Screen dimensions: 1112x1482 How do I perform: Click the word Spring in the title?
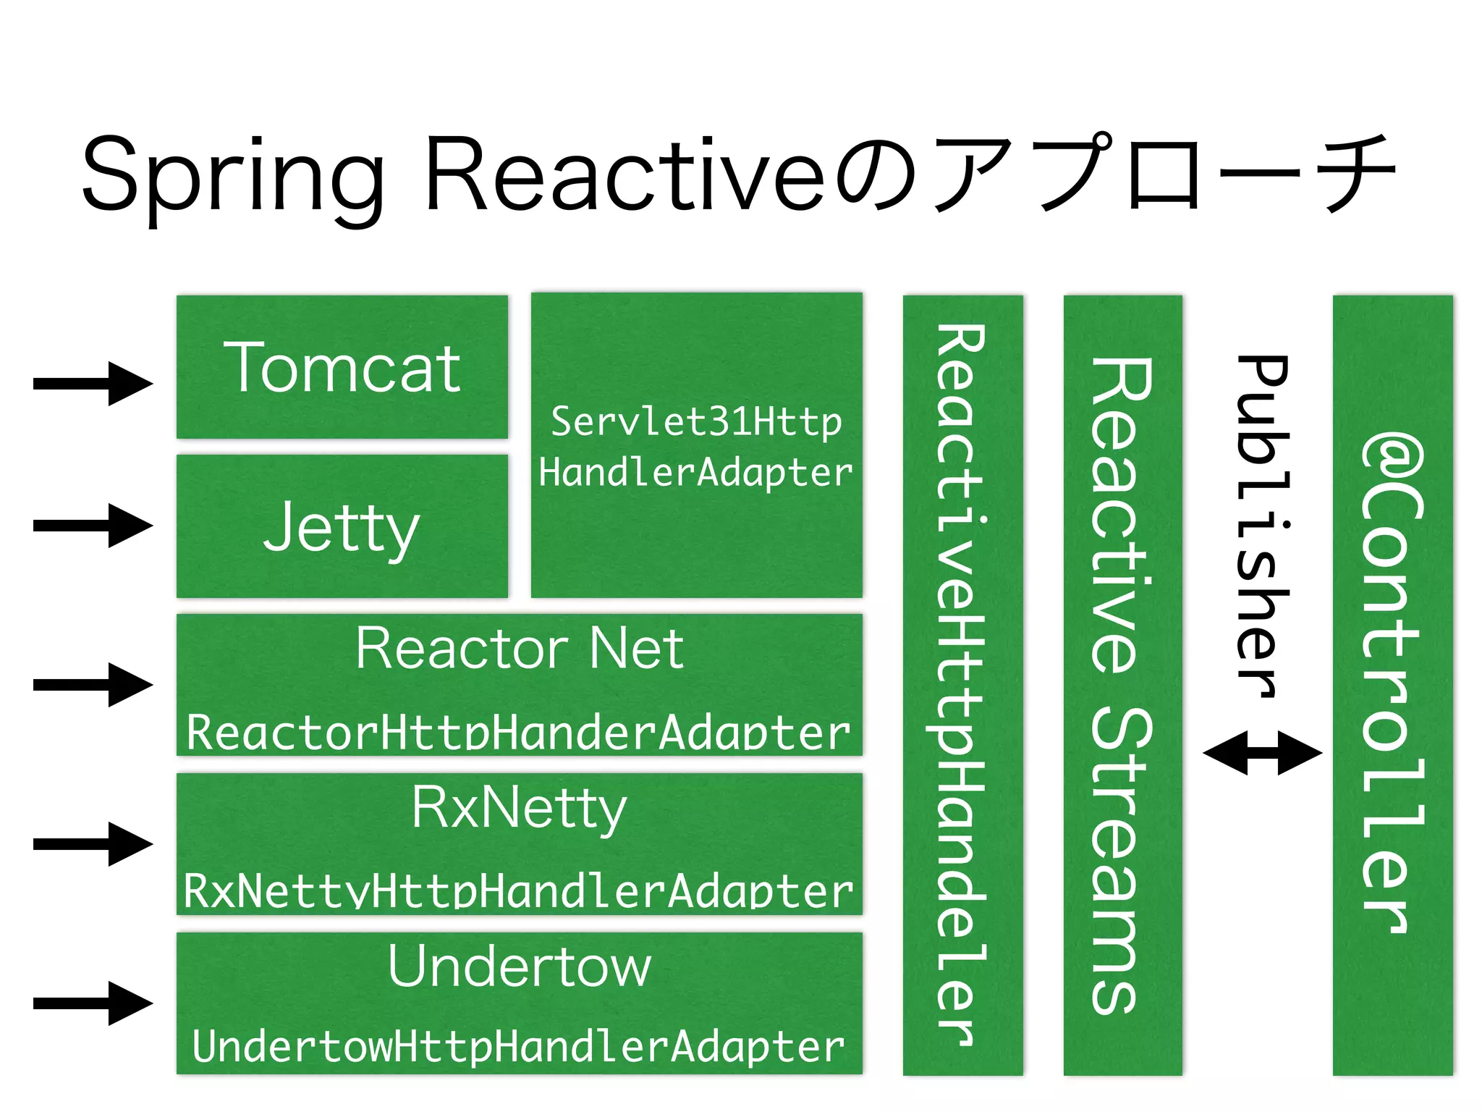(232, 177)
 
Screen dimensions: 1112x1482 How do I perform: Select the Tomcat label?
(342, 368)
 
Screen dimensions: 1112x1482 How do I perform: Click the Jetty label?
(342, 527)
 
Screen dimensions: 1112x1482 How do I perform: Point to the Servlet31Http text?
(696, 422)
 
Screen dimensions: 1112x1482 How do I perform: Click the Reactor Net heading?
(519, 649)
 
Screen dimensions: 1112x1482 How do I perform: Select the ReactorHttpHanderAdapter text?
(519, 733)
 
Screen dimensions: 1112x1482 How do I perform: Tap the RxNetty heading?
(519, 808)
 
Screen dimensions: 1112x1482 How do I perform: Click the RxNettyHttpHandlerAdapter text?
(519, 890)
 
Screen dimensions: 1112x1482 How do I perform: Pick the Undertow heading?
(519, 966)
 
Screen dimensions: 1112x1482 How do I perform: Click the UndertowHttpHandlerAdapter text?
(519, 1047)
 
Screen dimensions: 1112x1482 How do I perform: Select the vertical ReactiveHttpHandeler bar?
(962, 684)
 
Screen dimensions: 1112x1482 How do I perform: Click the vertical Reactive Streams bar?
(1122, 684)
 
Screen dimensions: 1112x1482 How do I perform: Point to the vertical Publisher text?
(1263, 525)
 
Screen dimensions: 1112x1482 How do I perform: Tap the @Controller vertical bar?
(1392, 684)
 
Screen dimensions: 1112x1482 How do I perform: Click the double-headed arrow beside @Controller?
(1263, 753)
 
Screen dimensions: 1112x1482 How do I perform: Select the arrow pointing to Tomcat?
(93, 383)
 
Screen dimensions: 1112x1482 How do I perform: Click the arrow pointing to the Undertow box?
(93, 1003)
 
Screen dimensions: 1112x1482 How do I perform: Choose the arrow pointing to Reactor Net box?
(93, 684)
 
